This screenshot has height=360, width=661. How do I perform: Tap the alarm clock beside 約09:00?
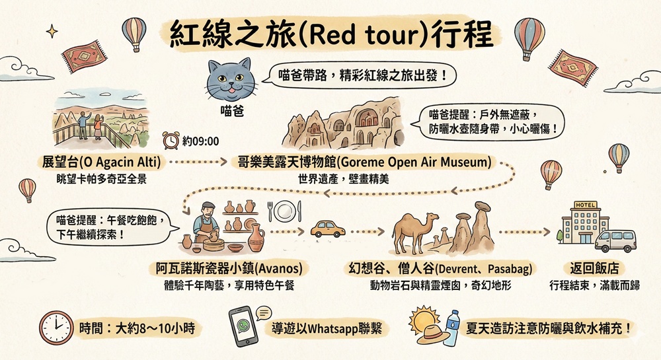[x=171, y=140]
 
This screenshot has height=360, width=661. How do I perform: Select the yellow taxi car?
[x=328, y=229]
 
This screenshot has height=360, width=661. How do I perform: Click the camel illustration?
[x=415, y=233]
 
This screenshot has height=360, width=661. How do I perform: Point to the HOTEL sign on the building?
[x=585, y=205]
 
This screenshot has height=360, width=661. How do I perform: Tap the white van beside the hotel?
[x=615, y=241]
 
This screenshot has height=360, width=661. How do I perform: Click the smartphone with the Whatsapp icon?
[x=243, y=326]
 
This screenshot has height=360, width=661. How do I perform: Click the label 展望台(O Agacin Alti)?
[x=101, y=162]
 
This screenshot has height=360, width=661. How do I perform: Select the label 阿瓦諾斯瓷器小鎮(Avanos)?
[x=229, y=269]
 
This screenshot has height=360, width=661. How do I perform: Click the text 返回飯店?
[x=594, y=269]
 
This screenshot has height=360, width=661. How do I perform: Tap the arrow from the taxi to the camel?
[x=367, y=232]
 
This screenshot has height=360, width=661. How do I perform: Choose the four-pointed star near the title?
[x=52, y=31]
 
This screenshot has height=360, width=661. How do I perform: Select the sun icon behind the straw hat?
[x=424, y=320]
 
